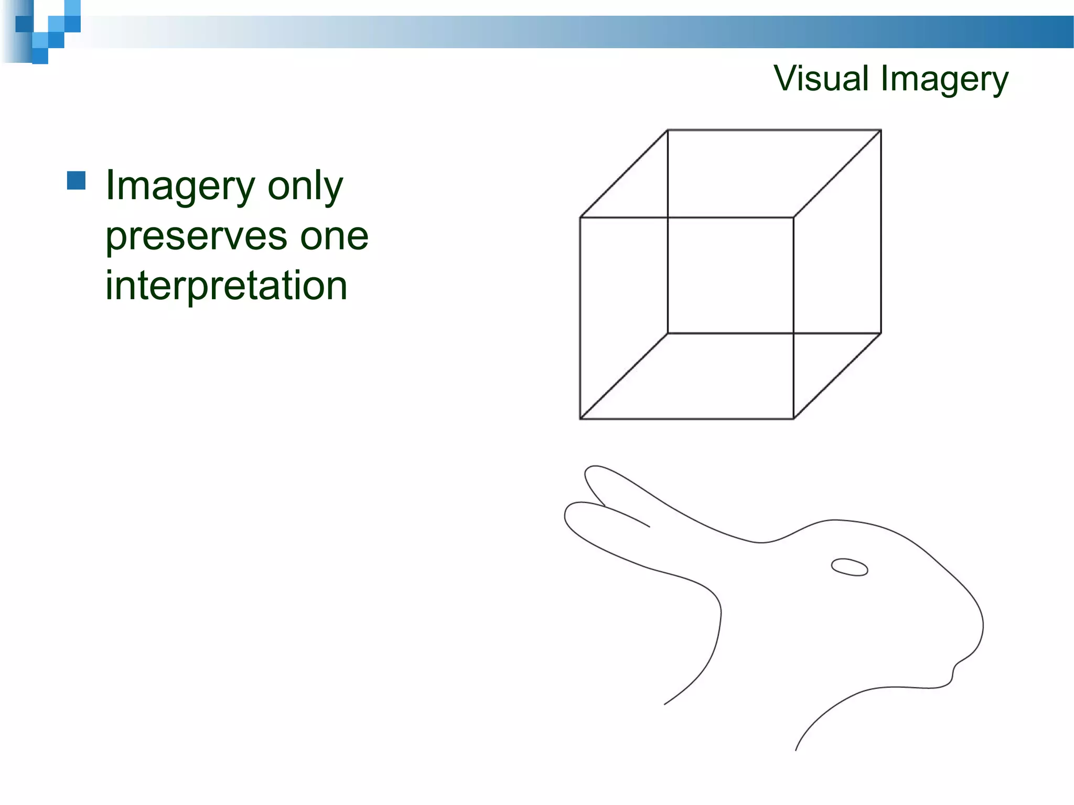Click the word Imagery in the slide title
(x=944, y=80)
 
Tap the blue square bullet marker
(x=77, y=180)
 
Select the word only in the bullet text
(x=305, y=187)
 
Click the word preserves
(x=196, y=237)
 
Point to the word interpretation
(x=226, y=286)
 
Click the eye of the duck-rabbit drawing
(x=850, y=567)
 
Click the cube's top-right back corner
(x=880, y=130)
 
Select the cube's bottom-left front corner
(x=580, y=418)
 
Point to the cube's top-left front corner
(x=580, y=217)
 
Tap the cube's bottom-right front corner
(x=793, y=418)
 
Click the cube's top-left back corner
(x=668, y=130)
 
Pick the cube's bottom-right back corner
(x=880, y=333)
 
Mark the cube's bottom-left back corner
(x=668, y=333)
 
